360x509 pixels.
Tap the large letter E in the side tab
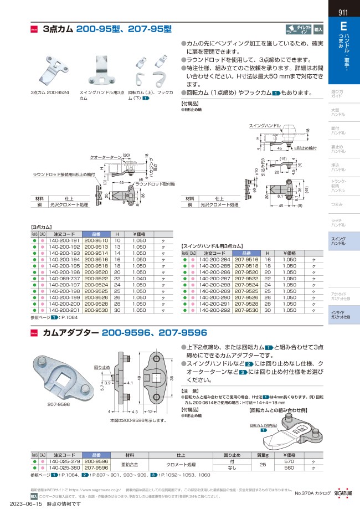pos(343,27)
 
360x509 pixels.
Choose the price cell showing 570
pos(288,461)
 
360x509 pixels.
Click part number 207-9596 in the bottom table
pos(96,467)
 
